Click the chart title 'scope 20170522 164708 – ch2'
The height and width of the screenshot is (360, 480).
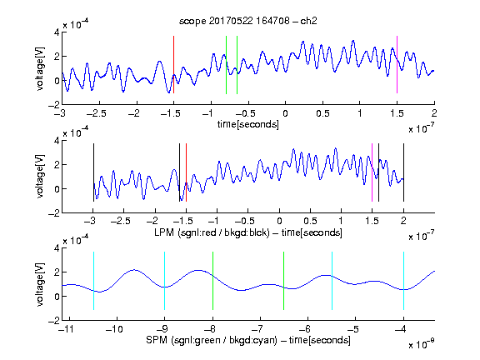click(x=248, y=21)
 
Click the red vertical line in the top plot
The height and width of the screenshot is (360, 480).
click(x=173, y=65)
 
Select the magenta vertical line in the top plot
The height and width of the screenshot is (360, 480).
click(x=397, y=65)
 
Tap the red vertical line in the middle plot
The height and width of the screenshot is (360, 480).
click(x=186, y=172)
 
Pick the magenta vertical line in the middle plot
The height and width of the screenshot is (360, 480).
click(x=372, y=172)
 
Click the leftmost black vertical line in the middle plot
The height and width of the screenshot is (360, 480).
click(x=93, y=172)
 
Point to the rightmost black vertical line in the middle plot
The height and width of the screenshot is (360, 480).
click(x=403, y=172)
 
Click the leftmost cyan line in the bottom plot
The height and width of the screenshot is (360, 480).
click(x=93, y=281)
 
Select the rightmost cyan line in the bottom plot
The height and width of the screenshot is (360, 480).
click(x=403, y=281)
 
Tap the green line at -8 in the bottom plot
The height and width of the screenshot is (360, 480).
click(x=212, y=281)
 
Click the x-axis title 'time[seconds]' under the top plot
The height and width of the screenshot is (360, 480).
click(x=248, y=124)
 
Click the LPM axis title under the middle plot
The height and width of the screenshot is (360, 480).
click(x=248, y=232)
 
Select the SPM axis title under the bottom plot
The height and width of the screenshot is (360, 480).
click(x=248, y=340)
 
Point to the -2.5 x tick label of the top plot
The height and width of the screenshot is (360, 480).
click(x=97, y=113)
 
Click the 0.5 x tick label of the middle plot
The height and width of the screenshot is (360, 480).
click(x=310, y=221)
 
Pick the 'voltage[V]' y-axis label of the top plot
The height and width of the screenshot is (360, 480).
click(x=40, y=68)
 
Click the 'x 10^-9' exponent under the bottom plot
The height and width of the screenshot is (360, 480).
click(x=421, y=344)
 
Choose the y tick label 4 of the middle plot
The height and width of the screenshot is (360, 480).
click(x=57, y=141)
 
